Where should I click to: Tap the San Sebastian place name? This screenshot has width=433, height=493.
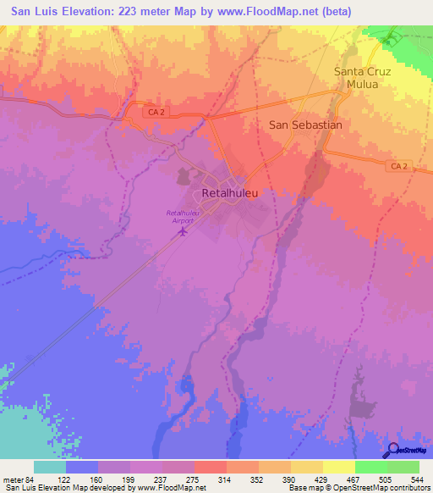pyautogui.click(x=305, y=125)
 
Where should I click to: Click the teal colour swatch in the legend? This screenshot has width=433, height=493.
pyautogui.click(x=49, y=468)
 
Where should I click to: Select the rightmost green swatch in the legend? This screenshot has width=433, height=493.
pyautogui.click(x=403, y=468)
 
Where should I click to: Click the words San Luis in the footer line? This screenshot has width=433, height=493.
pyautogui.click(x=18, y=487)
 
